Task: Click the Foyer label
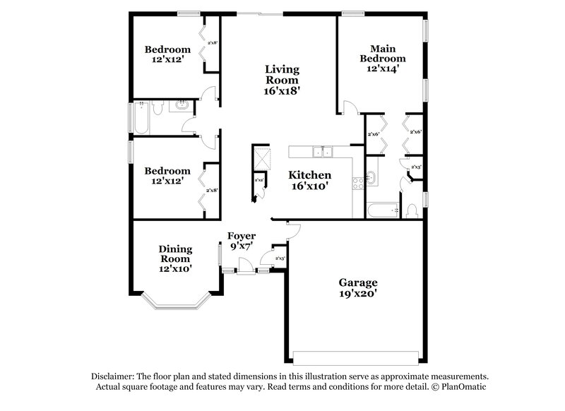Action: pyautogui.click(x=241, y=235)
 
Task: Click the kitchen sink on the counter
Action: pyautogui.click(x=323, y=150)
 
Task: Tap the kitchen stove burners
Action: pyautogui.click(x=357, y=181)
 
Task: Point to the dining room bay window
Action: pyautogui.click(x=175, y=304)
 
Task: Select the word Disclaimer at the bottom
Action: pyautogui.click(x=113, y=376)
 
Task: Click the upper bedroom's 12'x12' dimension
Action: pyautogui.click(x=167, y=61)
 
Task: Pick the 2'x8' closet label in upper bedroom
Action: pyautogui.click(x=212, y=43)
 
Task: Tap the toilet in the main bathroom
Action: pyautogui.click(x=412, y=210)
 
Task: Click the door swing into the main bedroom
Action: pyautogui.click(x=348, y=107)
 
